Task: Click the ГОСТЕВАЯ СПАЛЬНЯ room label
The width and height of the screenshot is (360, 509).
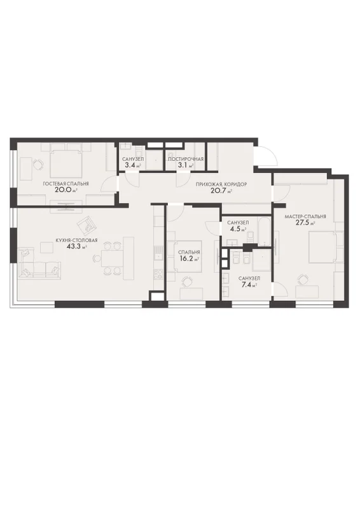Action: [66, 184]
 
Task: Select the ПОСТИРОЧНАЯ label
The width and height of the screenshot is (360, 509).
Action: [186, 159]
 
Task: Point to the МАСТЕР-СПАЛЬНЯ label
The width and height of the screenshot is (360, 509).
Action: [305, 217]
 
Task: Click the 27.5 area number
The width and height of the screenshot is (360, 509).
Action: [302, 223]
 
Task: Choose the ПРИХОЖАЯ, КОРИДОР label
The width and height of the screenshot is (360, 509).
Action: [221, 185]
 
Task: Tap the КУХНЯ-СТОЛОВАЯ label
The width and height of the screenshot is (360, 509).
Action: [76, 241]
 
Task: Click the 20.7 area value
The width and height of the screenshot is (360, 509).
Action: [218, 190]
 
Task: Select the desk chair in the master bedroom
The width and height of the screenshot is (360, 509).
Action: [303, 279]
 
